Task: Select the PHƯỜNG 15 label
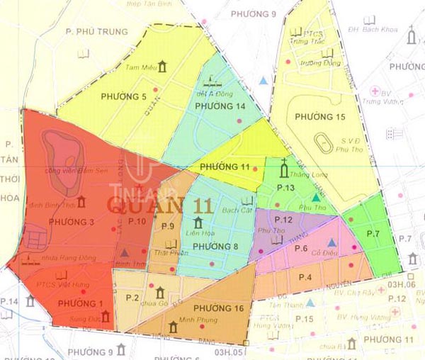pyautogui.click(x=321, y=116)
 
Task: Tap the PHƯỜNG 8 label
pyautogui.click(x=215, y=246)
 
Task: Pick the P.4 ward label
pyautogui.click(x=305, y=276)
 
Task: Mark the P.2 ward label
pyautogui.click(x=131, y=298)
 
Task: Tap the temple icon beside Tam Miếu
pyautogui.click(x=164, y=67)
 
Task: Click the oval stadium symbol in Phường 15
pyautogui.click(x=323, y=145)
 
